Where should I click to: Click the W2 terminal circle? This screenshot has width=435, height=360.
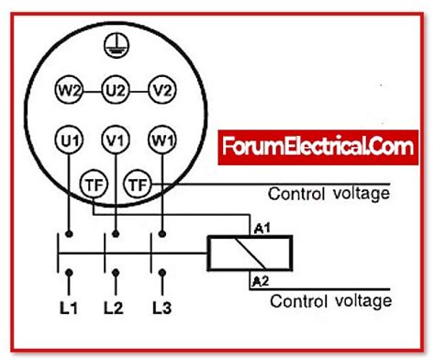pyautogui.click(x=67, y=90)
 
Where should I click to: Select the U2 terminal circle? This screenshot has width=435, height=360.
pyautogui.click(x=115, y=90)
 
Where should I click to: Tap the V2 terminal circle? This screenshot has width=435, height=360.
pyautogui.click(x=162, y=90)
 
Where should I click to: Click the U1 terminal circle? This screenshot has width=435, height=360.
pyautogui.click(x=67, y=141)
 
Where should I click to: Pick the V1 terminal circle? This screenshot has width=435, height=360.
pyautogui.click(x=115, y=141)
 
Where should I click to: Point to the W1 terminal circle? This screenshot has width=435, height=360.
pyautogui.click(x=162, y=141)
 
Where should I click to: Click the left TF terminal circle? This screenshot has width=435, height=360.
pyautogui.click(x=93, y=183)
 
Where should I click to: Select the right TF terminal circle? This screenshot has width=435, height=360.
pyautogui.click(x=138, y=184)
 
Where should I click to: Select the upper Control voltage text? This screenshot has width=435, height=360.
pyautogui.click(x=329, y=194)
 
